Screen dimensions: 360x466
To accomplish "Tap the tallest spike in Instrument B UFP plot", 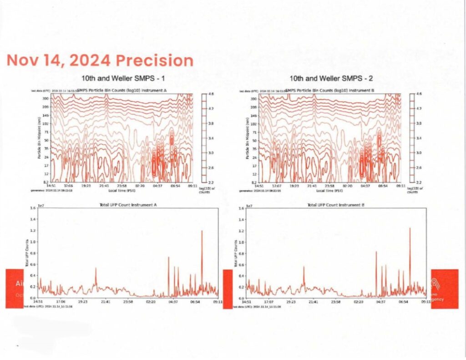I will pyautogui.click(x=410, y=228).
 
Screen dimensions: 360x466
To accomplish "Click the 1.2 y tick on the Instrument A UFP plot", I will pyautogui.click(x=32, y=231).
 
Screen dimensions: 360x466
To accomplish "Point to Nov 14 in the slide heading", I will pyautogui.click(x=33, y=61).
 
